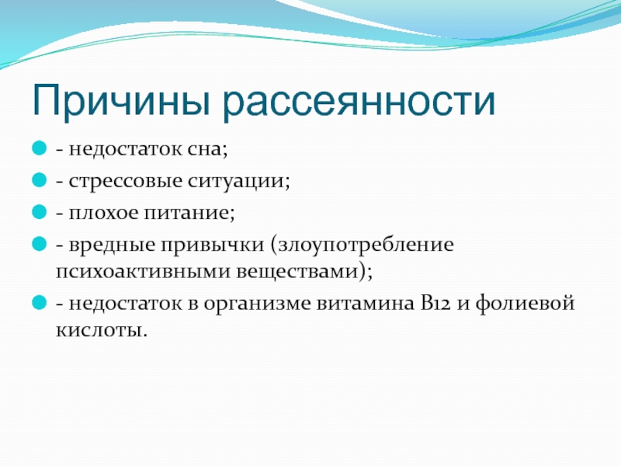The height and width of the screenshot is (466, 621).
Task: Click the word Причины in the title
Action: (121, 101)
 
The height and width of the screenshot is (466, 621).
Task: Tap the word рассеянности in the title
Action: (359, 102)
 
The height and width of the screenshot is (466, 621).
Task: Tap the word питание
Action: (189, 213)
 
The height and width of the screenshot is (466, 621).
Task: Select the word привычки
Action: (212, 245)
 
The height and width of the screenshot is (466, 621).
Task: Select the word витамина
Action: (366, 304)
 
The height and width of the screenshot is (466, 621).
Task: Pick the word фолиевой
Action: (525, 304)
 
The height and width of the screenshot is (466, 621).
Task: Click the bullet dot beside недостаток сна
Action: (40, 148)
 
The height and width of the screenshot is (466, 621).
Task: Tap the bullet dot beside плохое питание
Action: (40, 211)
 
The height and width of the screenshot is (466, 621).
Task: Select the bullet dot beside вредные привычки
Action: (40, 243)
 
